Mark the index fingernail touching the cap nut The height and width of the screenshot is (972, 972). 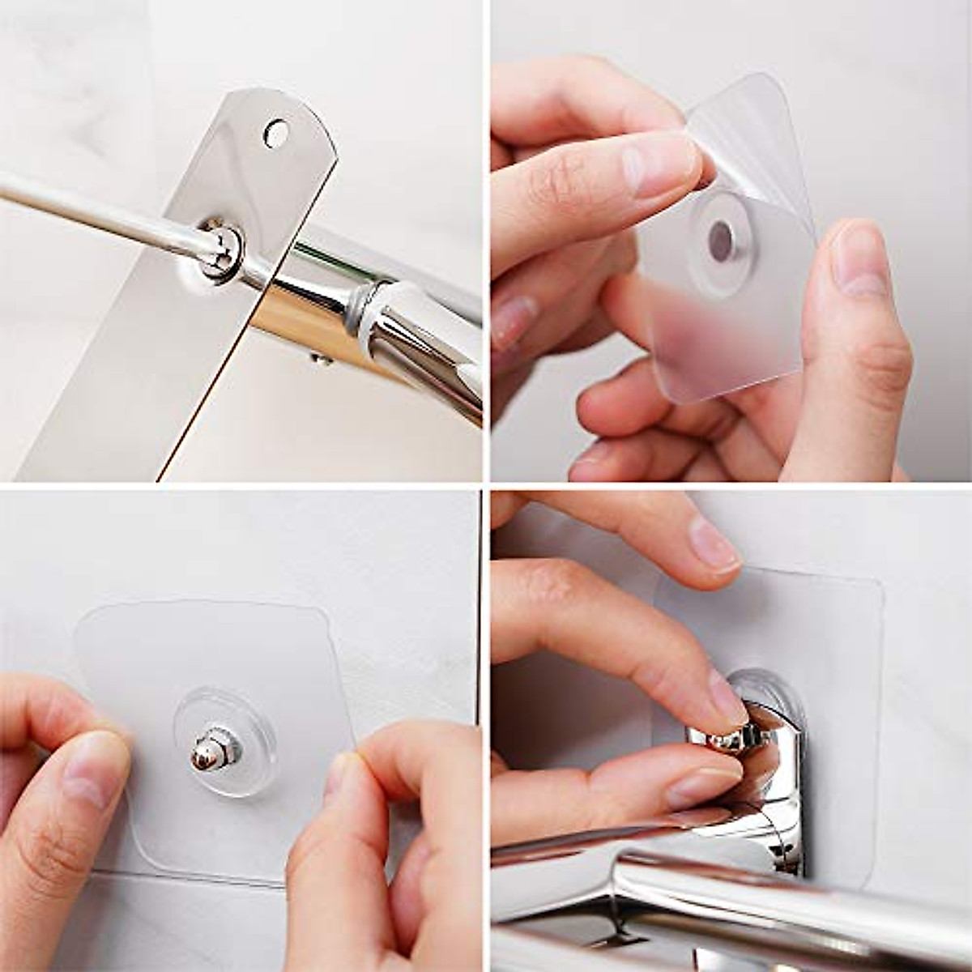pos(727,695)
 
